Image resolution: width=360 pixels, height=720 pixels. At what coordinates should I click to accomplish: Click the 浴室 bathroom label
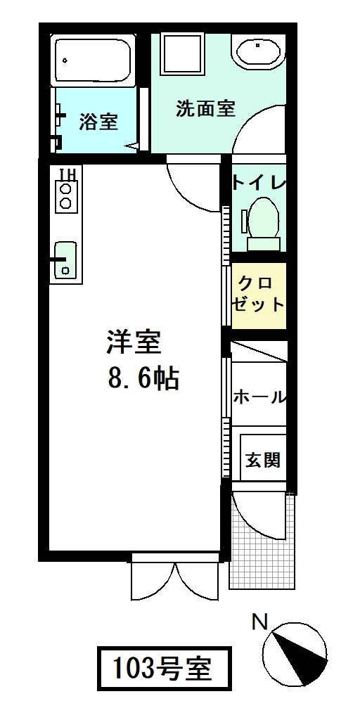98,122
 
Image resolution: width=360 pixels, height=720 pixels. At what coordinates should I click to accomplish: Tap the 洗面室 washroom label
205,109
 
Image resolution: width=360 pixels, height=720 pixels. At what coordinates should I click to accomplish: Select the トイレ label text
259,184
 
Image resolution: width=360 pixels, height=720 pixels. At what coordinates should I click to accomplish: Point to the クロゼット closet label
259,295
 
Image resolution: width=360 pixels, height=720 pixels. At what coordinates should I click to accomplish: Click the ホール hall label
259,397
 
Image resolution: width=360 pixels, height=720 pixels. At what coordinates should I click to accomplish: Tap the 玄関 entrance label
263,460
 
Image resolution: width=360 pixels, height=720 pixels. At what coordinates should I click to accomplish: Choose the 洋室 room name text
134,342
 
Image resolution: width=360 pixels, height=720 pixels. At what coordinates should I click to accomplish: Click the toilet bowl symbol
263,219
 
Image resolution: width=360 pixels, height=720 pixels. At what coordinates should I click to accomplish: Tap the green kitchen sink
65,259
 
